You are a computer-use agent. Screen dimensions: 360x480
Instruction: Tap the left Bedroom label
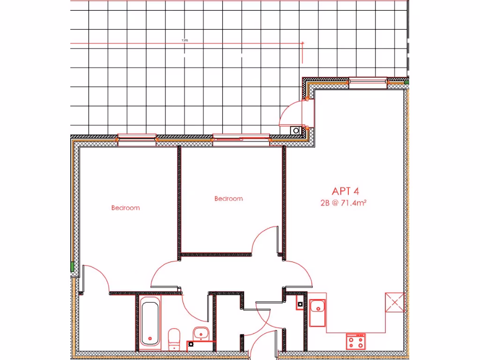(125, 208)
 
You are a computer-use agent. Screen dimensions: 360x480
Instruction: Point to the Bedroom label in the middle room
(229, 199)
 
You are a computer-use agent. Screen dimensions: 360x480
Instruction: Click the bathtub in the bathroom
(150, 323)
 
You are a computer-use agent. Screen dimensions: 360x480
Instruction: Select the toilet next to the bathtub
(174, 338)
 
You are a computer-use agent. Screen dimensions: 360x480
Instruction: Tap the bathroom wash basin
(201, 334)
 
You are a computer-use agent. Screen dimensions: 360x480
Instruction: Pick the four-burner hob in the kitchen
(356, 341)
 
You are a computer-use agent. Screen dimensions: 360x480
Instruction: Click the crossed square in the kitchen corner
(394, 302)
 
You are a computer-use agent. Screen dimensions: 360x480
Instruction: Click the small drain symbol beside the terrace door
(296, 131)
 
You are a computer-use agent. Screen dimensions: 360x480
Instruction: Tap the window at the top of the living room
(367, 82)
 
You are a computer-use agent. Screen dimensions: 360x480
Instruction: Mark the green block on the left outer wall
(72, 267)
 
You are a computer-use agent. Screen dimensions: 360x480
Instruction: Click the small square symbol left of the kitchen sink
(299, 305)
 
